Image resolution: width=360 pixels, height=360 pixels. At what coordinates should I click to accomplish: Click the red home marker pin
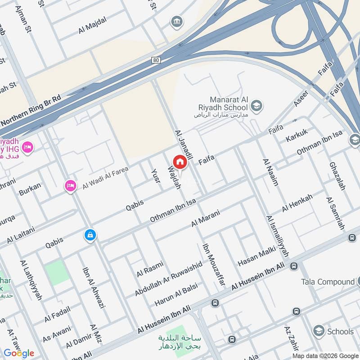(180, 162)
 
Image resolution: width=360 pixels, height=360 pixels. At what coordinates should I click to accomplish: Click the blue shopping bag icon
(90, 235)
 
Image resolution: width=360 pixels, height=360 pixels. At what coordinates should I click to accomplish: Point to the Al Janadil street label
(183, 145)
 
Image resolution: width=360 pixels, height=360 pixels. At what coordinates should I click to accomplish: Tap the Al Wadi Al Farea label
(105, 178)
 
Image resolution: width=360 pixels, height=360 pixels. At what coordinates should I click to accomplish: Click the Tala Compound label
(328, 282)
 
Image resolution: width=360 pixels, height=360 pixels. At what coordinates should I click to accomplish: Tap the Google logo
(19, 353)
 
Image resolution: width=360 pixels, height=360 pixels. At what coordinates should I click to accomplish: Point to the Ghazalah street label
(337, 176)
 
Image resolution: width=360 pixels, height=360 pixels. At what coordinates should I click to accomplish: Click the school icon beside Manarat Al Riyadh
(257, 106)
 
